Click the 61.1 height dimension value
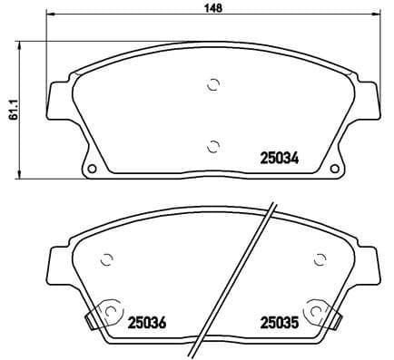point(10,108)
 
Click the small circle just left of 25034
point(214,144)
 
